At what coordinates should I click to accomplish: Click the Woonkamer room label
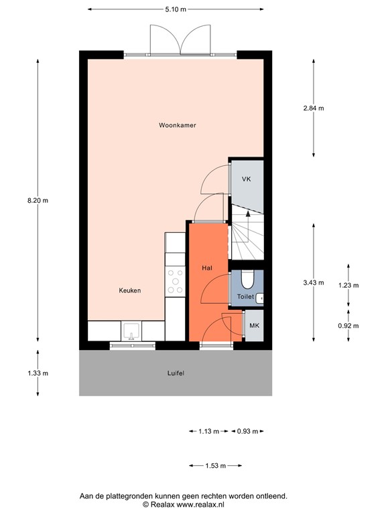(177, 125)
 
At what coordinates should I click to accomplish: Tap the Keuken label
(129, 290)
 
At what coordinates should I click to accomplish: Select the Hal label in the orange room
(207, 268)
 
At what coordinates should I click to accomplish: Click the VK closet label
(246, 179)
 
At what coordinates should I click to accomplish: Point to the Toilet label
(245, 296)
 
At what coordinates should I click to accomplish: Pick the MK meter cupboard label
(253, 325)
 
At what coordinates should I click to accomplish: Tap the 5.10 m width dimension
(176, 9)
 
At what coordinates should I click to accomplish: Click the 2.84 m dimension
(313, 108)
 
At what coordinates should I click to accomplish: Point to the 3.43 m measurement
(313, 282)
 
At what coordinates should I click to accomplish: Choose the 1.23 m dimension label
(348, 285)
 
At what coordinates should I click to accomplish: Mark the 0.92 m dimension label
(348, 325)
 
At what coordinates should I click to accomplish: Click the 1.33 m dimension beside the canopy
(38, 373)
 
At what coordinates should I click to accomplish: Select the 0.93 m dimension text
(248, 431)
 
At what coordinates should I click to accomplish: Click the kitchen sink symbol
(131, 331)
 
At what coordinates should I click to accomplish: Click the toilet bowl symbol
(246, 278)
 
